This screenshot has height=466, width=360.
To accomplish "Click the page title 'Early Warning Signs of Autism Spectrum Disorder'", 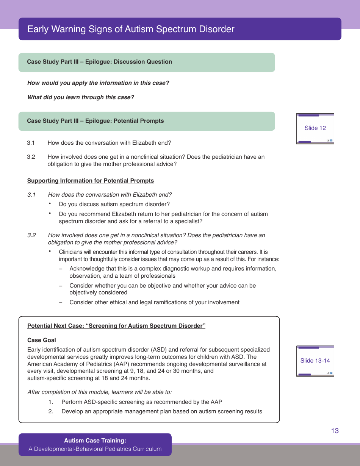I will [131, 29].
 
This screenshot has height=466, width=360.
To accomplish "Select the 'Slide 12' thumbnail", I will [315, 128].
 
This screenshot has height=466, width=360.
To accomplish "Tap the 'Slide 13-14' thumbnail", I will [315, 361].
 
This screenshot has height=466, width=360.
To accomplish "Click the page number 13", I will [335, 431].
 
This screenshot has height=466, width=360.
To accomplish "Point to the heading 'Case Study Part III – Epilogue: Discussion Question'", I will [99, 62].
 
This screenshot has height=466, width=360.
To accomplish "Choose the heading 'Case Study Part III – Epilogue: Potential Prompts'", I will [95, 121].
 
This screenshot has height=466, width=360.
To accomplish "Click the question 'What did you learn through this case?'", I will [81, 97].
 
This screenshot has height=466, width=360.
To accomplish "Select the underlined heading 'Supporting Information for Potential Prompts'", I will [91, 181].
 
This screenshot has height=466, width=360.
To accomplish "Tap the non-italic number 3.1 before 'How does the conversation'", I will [31, 143].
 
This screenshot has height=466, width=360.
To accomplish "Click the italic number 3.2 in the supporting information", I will [31, 235].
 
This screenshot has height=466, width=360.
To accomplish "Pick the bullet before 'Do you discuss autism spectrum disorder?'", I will [50, 204].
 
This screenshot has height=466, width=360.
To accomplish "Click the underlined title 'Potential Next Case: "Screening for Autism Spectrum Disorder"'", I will [116, 326].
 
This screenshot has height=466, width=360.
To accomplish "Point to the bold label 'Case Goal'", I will [42, 340].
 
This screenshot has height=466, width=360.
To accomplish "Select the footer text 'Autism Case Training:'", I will [95, 441].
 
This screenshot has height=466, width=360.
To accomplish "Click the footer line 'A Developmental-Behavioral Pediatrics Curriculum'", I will [95, 449].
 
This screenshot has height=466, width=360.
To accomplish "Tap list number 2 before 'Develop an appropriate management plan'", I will [51, 411].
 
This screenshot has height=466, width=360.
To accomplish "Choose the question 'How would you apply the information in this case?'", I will [98, 83].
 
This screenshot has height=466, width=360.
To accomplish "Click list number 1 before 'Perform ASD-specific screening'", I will [51, 402].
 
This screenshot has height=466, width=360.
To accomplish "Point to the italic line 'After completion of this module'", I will [99, 392].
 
